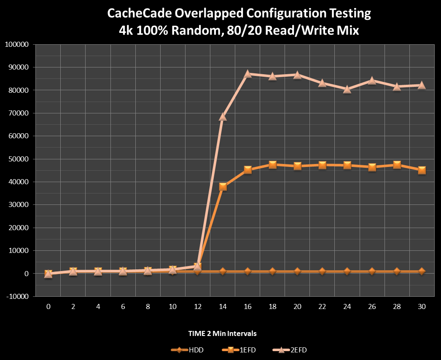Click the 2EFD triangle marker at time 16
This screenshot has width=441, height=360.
click(247, 74)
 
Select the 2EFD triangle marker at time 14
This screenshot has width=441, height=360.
click(223, 117)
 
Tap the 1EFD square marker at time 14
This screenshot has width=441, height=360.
click(223, 187)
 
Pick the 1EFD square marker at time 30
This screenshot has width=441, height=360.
click(422, 170)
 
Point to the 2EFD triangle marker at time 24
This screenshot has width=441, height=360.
click(347, 89)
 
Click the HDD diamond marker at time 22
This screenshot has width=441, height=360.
click(322, 271)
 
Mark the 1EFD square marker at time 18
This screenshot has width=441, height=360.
click(272, 164)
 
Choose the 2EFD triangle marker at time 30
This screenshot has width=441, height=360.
click(422, 85)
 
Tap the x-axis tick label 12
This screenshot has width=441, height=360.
click(198, 307)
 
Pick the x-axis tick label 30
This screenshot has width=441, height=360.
click(422, 307)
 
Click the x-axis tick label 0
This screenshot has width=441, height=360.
click(48, 307)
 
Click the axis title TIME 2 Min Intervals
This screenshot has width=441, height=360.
click(222, 333)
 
